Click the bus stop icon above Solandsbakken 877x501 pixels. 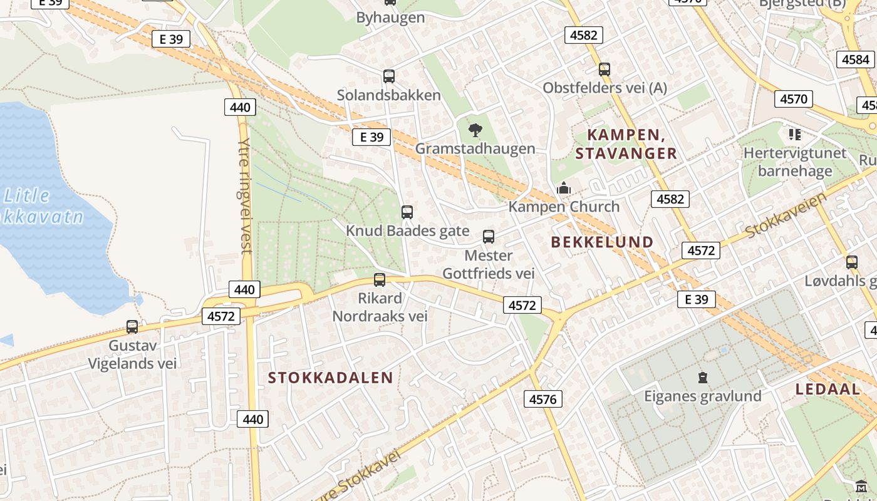coord(389,76)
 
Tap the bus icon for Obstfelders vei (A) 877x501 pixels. coord(605,70)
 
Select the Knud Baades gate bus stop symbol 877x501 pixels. coord(407,212)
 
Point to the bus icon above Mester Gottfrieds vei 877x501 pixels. coord(489,237)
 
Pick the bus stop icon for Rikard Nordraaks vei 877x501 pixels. coord(380,280)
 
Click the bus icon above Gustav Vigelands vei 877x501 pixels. coord(132,326)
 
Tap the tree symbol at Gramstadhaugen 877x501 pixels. coord(475,130)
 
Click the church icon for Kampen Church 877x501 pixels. coord(564,188)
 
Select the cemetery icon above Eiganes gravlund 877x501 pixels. coord(703,377)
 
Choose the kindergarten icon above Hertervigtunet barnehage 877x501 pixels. coord(795,134)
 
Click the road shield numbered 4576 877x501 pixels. coord(543,399)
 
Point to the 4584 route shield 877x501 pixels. coord(856,59)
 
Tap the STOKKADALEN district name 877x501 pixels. coord(331,378)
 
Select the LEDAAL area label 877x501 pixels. coord(828,389)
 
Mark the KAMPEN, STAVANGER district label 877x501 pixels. coord(626,143)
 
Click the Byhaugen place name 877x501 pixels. coord(390,18)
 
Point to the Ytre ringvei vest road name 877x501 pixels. coord(244,195)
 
